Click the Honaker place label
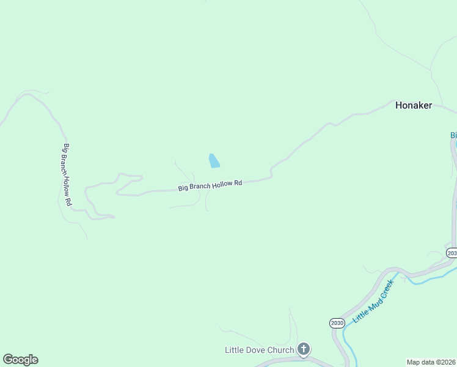click(x=413, y=105)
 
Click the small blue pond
click(x=214, y=161)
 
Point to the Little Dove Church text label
click(x=260, y=350)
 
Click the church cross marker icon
click(x=304, y=349)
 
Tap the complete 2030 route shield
click(x=337, y=322)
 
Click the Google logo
click(x=20, y=360)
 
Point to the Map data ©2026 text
click(x=431, y=362)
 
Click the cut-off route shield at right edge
click(x=452, y=253)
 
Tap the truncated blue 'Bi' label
click(x=453, y=135)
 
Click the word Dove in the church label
click(x=254, y=350)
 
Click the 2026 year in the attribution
click(x=447, y=362)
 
